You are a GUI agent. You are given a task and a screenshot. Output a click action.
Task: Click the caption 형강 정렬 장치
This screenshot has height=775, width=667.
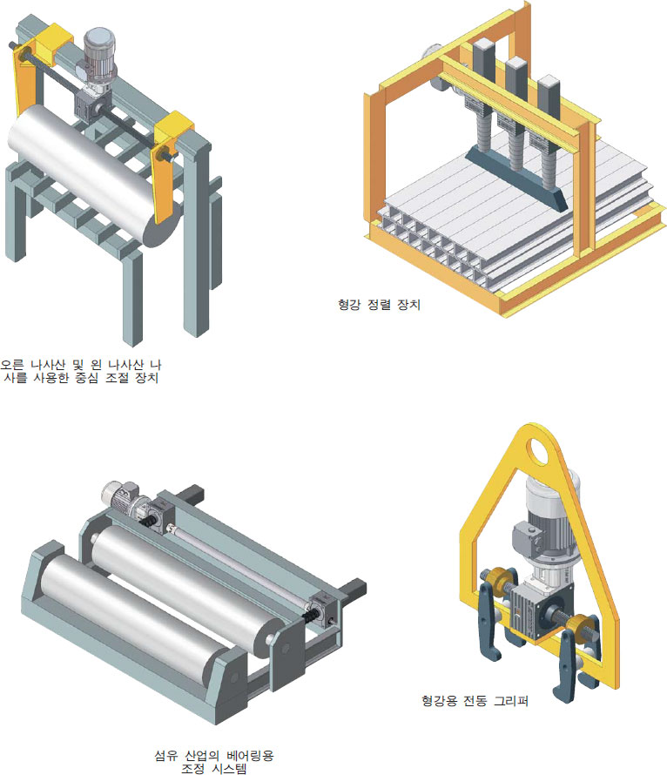coord(379,305)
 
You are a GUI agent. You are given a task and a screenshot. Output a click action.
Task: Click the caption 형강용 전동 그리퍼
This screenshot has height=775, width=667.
coord(475,700)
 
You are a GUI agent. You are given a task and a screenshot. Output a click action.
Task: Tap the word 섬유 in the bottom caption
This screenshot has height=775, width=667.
coord(165,756)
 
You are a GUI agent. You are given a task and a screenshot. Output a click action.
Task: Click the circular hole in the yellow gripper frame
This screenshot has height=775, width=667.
coord(537,451)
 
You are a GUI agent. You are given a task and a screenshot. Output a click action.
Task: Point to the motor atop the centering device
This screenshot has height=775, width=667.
coord(98,54)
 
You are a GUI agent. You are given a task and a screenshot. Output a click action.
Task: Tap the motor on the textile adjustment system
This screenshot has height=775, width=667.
coord(122,495)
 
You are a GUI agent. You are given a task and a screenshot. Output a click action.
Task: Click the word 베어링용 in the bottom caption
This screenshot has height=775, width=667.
coord(250,756)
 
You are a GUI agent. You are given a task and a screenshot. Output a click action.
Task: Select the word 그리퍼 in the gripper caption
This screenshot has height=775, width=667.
coord(511,700)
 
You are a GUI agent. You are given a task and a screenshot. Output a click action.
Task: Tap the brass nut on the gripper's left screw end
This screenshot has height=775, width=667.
coord(492,576)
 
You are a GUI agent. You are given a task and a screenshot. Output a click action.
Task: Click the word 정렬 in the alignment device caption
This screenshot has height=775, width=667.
coord(379,305)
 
